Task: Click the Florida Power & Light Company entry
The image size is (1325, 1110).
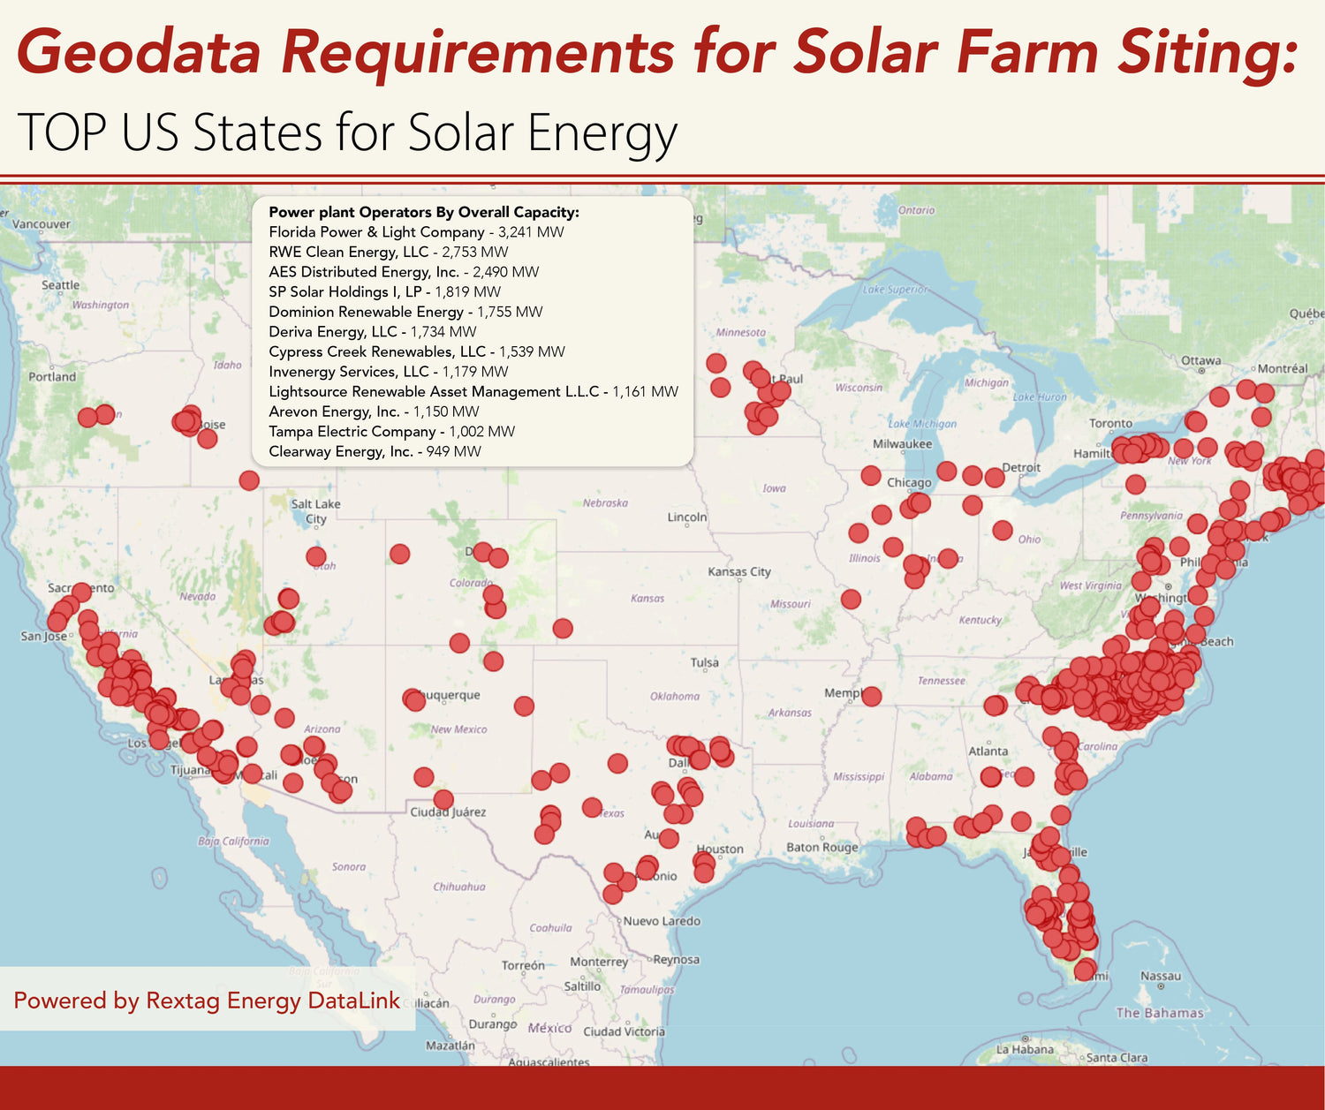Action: pos(416,232)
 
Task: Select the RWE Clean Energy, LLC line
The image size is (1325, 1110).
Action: pos(389,253)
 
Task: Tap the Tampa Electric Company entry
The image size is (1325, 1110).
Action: pos(391,432)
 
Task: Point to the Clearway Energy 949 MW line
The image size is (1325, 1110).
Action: pos(375,452)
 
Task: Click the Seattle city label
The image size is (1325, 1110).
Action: pos(60,285)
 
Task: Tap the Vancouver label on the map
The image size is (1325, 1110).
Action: pos(41,224)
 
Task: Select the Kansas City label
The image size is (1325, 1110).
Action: pos(738,572)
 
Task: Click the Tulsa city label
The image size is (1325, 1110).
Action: pos(704,663)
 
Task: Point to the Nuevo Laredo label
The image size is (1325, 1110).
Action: pos(661,921)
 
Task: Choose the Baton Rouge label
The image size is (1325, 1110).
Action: pos(821,848)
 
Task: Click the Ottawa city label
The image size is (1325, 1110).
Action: pos(1200,360)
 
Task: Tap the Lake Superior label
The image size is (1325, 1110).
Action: pos(895,290)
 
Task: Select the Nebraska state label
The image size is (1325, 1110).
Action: pos(605,503)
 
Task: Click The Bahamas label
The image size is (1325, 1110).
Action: pos(1159,1013)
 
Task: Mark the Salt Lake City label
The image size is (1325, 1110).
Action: pos(315,511)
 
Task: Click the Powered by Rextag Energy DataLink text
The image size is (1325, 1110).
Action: pos(207,1001)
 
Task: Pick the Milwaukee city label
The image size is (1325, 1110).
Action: pos(902,444)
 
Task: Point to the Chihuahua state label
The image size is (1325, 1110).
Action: pos(458,887)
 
